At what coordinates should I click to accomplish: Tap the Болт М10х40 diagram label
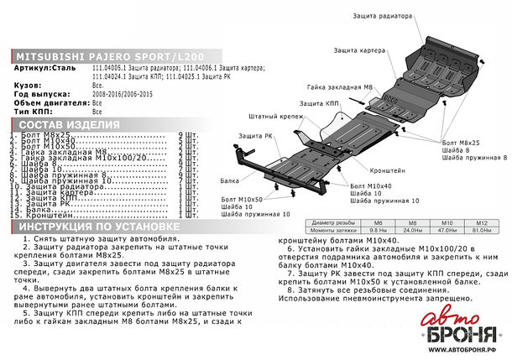(370, 185)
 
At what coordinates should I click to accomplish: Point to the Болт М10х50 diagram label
(243, 199)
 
